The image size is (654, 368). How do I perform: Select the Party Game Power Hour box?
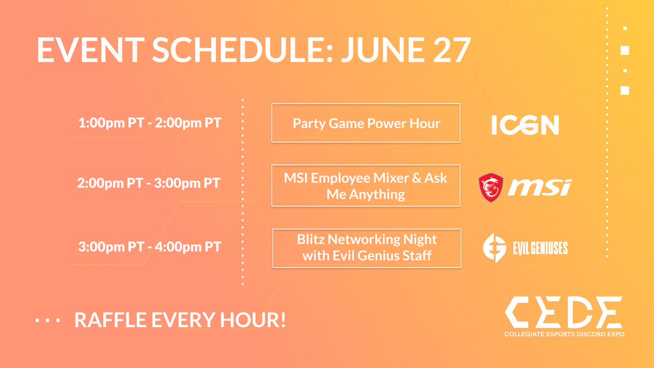point(366,123)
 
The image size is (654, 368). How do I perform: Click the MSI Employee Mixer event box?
point(366,186)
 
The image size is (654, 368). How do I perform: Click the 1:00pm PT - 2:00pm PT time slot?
point(150,123)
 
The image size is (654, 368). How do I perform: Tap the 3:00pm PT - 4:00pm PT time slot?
point(150,247)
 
